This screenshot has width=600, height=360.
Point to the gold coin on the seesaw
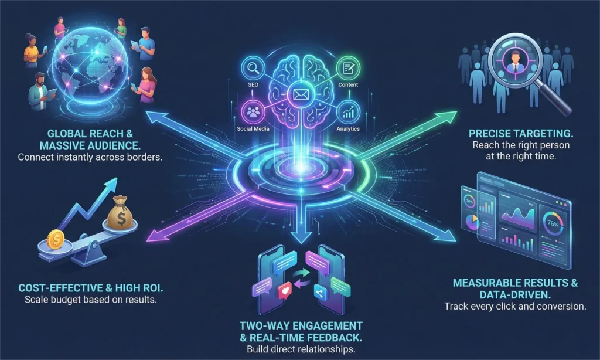pos(56,239)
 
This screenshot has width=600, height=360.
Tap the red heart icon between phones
pos(287,291)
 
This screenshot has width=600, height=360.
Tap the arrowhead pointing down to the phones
pos(299,237)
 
